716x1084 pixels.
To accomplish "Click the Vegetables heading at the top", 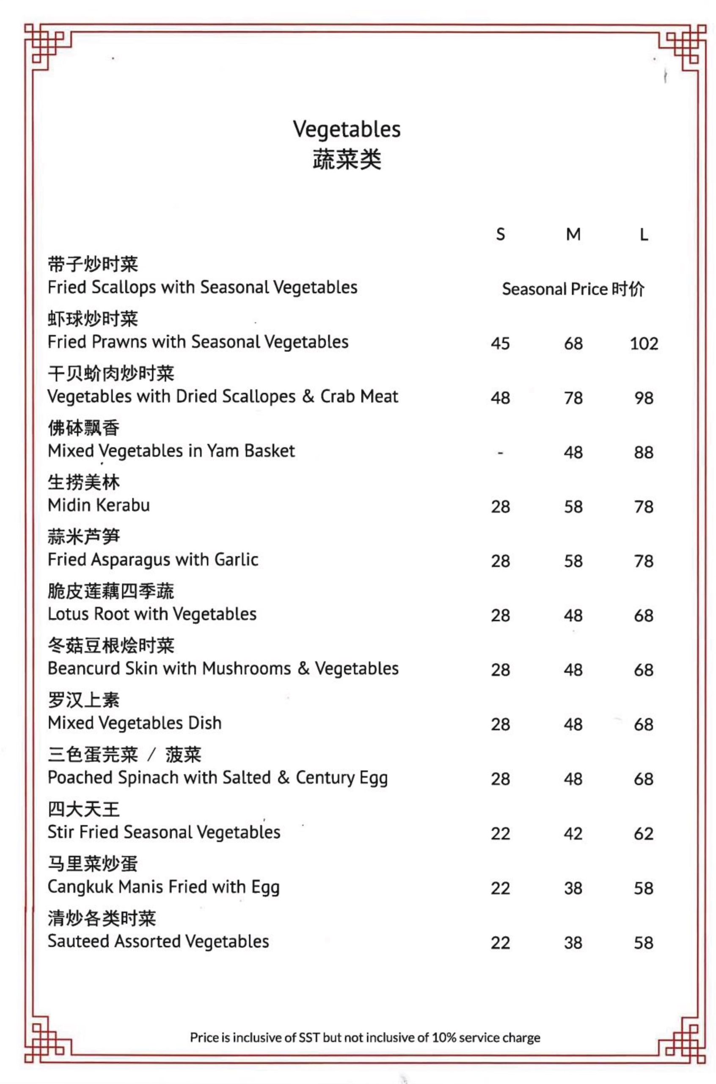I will pyautogui.click(x=347, y=129).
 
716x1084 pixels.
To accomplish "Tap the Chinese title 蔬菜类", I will pyautogui.click(x=347, y=160).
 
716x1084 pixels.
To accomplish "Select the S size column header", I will pyautogui.click(x=501, y=234).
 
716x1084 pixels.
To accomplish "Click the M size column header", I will pyautogui.click(x=573, y=234).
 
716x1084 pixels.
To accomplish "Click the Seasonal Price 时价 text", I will pyautogui.click(x=573, y=289).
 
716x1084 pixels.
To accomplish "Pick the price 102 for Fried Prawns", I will pyautogui.click(x=644, y=343).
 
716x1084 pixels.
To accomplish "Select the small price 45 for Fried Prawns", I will pyautogui.click(x=501, y=343).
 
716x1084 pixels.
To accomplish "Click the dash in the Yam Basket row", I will pyautogui.click(x=501, y=453).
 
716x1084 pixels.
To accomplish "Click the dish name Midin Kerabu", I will pyautogui.click(x=99, y=505).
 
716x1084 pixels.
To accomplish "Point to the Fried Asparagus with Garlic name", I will pyautogui.click(x=153, y=560).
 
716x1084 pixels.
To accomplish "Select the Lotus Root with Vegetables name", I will pyautogui.click(x=152, y=614).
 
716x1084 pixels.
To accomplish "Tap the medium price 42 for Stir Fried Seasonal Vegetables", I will pyautogui.click(x=573, y=834).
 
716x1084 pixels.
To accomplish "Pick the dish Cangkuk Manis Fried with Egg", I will pyautogui.click(x=163, y=887).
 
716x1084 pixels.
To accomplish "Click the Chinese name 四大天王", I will pyautogui.click(x=83, y=810).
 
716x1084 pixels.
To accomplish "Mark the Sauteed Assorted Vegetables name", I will pyautogui.click(x=158, y=941).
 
